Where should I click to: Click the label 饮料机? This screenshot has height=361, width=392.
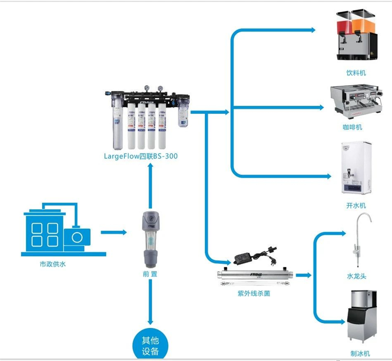[x=356, y=73]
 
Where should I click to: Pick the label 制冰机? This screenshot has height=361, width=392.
[x=360, y=354]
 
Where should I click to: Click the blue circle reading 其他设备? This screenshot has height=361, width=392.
[x=150, y=345]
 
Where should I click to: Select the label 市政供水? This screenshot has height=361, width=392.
[x=53, y=264]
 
